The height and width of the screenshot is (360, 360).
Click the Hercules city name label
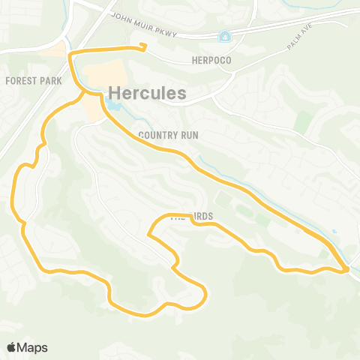147,91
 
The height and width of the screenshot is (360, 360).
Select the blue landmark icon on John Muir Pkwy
223,36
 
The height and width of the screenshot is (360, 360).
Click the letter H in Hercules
115,91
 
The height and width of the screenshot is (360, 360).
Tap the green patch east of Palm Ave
303,122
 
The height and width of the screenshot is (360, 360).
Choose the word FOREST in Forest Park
19,79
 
